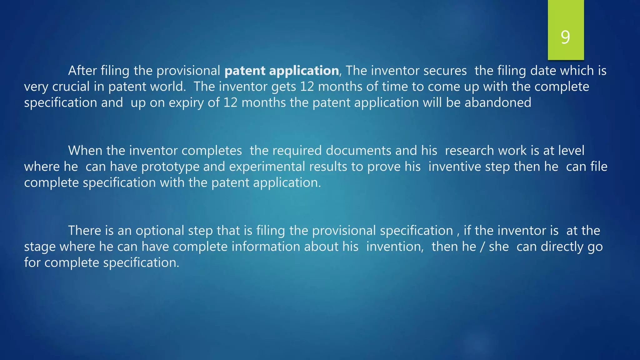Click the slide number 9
[565, 37]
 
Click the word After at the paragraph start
[82, 71]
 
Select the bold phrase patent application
[282, 71]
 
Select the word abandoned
[498, 103]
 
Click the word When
[85, 151]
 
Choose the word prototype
[170, 167]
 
